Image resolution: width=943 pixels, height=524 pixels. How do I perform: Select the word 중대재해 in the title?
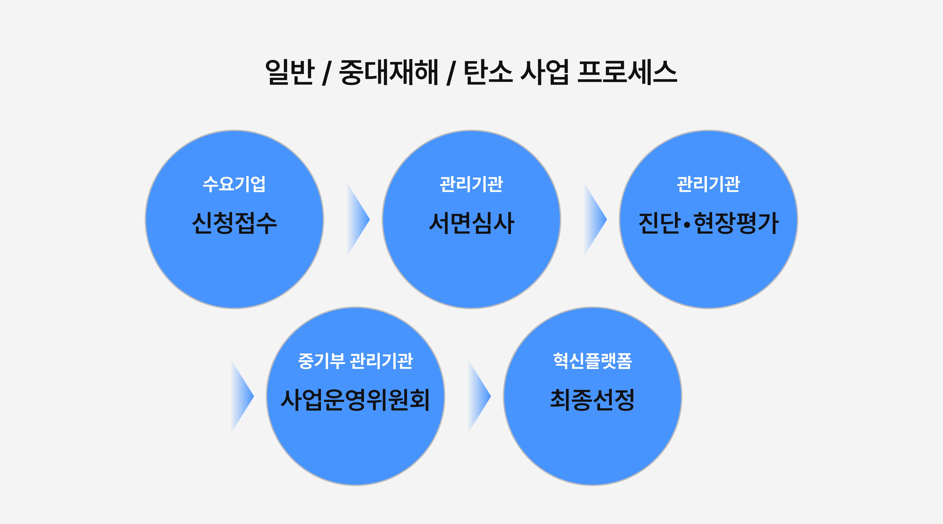click(389, 72)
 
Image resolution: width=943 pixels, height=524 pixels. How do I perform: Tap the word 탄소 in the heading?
click(488, 72)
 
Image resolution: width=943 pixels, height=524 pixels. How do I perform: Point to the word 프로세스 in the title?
click(627, 72)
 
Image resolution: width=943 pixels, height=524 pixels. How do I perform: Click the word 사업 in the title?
click(544, 72)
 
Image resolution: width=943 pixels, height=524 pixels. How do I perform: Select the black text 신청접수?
click(234, 223)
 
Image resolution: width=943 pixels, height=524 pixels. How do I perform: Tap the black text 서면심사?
click(471, 223)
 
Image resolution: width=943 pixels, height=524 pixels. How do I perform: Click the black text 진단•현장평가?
click(708, 223)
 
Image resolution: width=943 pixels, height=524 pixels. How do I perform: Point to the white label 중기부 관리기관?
click(355, 361)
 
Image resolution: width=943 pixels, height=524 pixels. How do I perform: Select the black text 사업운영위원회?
click(355, 400)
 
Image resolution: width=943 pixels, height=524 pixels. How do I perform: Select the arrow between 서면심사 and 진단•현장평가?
click(594, 219)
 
